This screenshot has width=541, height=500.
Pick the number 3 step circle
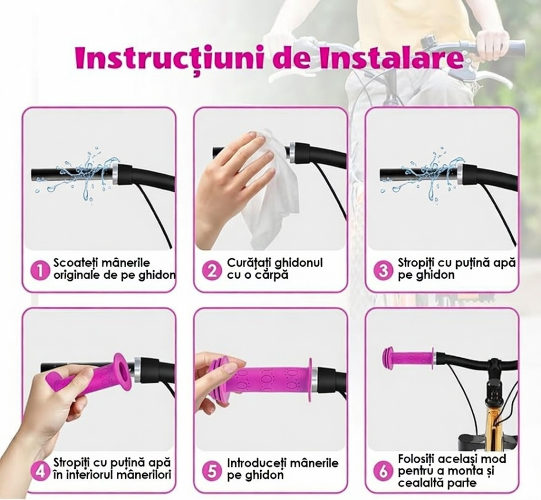click(384, 269)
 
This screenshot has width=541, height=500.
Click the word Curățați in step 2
click(249, 264)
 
